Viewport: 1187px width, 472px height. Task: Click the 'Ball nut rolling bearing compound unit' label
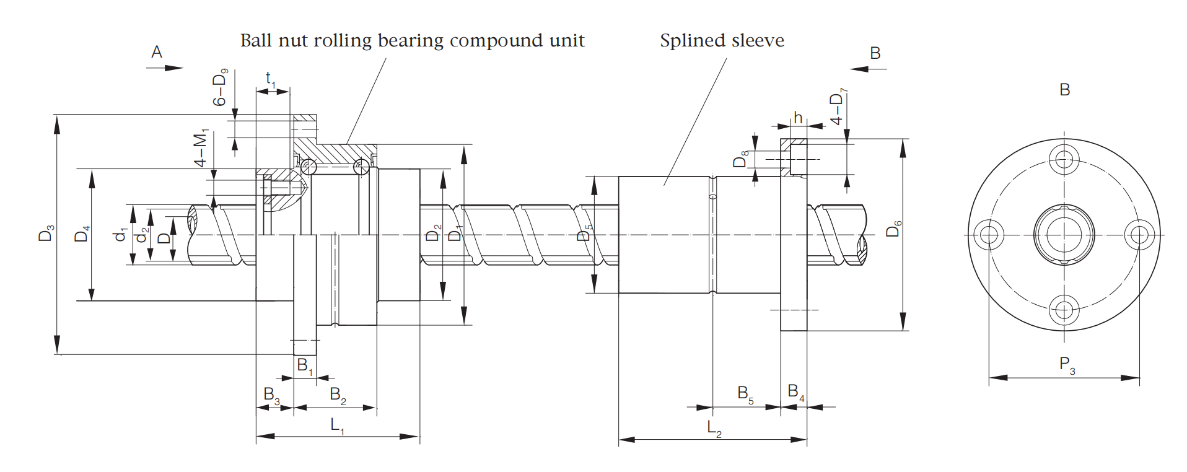(412, 41)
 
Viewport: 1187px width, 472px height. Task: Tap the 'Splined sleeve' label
(722, 41)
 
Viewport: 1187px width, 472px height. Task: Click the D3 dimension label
(46, 233)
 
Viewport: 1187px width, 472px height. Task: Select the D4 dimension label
(82, 234)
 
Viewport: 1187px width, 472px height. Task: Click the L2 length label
(714, 428)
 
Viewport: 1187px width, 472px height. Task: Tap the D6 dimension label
(893, 229)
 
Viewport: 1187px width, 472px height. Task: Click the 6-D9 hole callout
(220, 87)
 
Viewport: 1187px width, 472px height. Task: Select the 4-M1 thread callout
(201, 148)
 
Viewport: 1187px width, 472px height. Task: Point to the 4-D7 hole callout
(838, 107)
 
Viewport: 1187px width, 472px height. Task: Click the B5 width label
(745, 394)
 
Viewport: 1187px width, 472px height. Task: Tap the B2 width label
(338, 395)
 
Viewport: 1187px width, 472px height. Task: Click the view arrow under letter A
(165, 68)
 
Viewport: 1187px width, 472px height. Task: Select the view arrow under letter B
(868, 69)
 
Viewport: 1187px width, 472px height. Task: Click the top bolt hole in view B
(1064, 159)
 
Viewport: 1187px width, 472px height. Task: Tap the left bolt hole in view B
(989, 235)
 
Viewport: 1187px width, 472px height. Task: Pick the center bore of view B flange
(1064, 235)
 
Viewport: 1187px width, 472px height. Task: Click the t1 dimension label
(270, 80)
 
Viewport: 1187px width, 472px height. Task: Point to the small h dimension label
(798, 118)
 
